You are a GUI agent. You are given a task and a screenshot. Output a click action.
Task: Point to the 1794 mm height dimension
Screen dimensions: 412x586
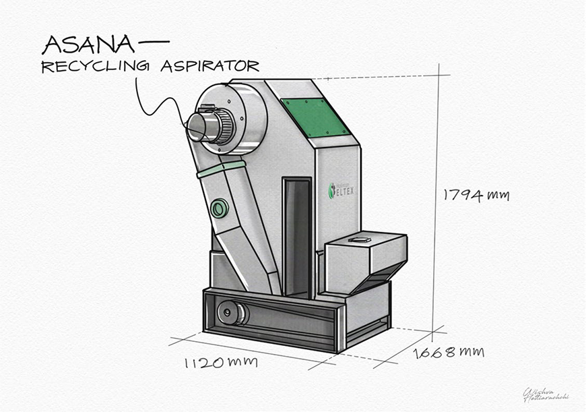click(x=476, y=196)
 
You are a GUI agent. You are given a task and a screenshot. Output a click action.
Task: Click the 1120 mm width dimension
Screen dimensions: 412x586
click(x=221, y=363)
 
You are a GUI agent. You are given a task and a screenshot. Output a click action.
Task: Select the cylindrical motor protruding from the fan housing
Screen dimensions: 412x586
click(x=206, y=125)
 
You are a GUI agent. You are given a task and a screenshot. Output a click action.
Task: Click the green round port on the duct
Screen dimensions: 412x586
click(x=219, y=208)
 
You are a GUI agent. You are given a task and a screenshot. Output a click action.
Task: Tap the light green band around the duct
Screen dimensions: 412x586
click(x=220, y=169)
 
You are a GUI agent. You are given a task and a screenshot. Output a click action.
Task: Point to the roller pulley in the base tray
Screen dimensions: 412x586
click(x=232, y=314)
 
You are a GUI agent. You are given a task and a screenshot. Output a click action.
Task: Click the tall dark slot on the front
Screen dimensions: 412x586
click(x=296, y=236)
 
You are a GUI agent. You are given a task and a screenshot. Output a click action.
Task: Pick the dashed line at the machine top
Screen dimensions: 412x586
click(x=377, y=78)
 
